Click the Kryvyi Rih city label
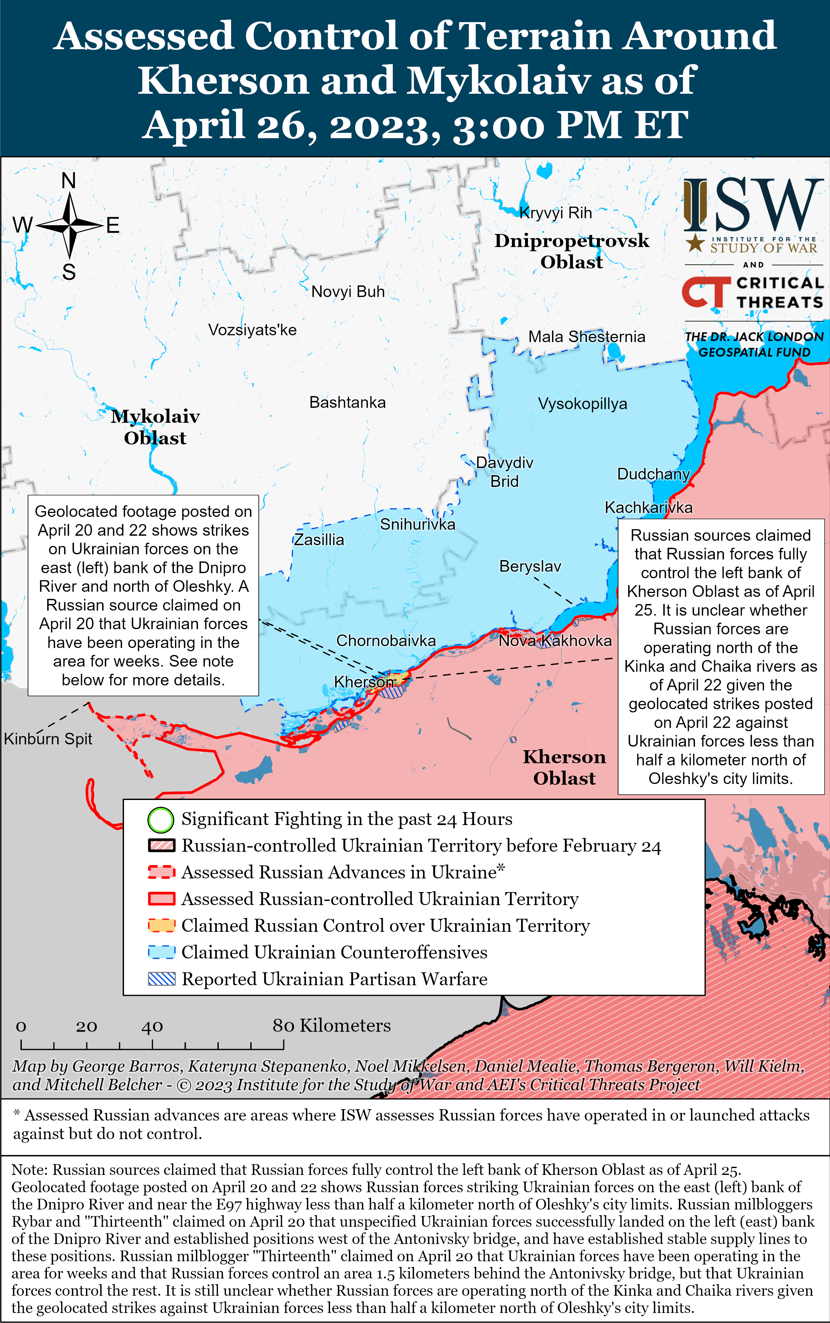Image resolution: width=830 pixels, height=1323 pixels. click(x=556, y=213)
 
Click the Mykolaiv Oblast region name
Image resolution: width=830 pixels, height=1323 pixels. click(x=155, y=427)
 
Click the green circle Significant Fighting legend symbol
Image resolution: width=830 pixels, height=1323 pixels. click(x=161, y=820)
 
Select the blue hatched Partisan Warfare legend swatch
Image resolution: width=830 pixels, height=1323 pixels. click(x=161, y=979)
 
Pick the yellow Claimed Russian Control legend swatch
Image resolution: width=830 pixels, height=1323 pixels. click(x=161, y=926)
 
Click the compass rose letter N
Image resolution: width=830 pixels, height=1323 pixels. click(x=69, y=181)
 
